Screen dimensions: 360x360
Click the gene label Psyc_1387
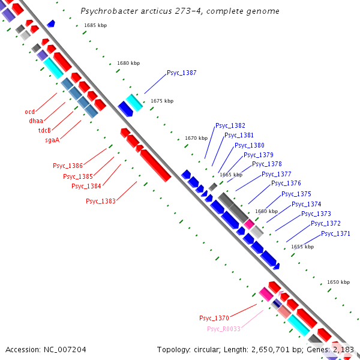(x=181, y=73)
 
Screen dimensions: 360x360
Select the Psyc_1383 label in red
(x=100, y=202)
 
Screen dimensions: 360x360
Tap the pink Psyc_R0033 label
(x=223, y=329)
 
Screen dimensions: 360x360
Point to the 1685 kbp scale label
(x=95, y=25)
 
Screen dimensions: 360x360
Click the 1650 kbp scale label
(x=338, y=282)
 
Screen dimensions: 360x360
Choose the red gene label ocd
(x=29, y=112)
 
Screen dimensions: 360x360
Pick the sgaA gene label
(x=52, y=140)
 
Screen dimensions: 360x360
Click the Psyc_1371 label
(x=335, y=233)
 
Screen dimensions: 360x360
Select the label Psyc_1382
(x=230, y=126)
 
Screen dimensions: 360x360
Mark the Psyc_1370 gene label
(x=214, y=318)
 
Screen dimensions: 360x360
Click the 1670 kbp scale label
(x=196, y=138)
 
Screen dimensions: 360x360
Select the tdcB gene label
(x=44, y=131)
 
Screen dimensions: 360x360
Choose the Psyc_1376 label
(x=286, y=184)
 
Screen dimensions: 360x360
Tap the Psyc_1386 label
(x=68, y=166)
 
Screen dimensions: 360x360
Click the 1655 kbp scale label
(x=302, y=247)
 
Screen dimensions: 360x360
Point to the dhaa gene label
(x=36, y=121)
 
